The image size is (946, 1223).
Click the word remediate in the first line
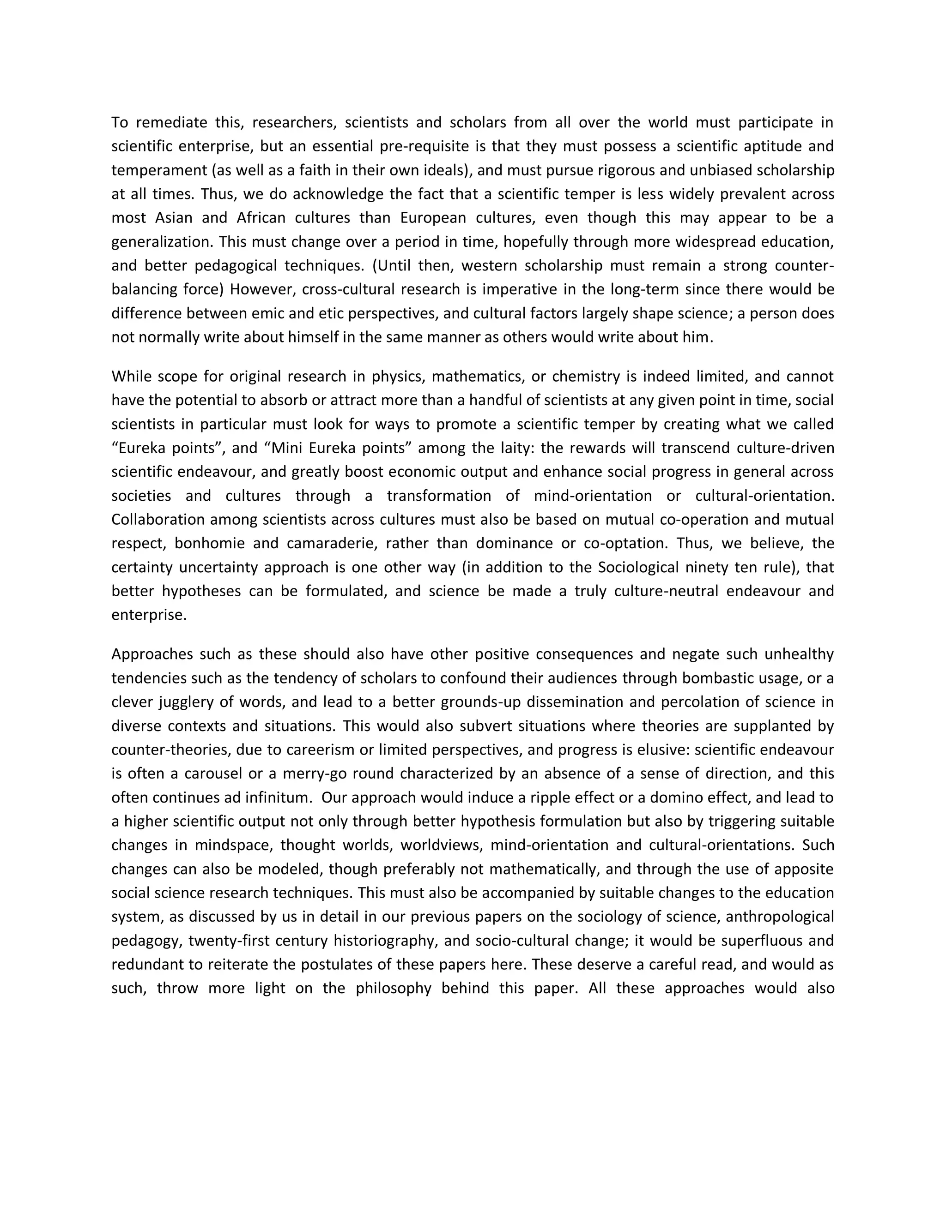pyautogui.click(x=168, y=122)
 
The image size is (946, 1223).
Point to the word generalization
pyautogui.click(x=163, y=242)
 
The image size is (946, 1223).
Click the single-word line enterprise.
pyautogui.click(x=149, y=615)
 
